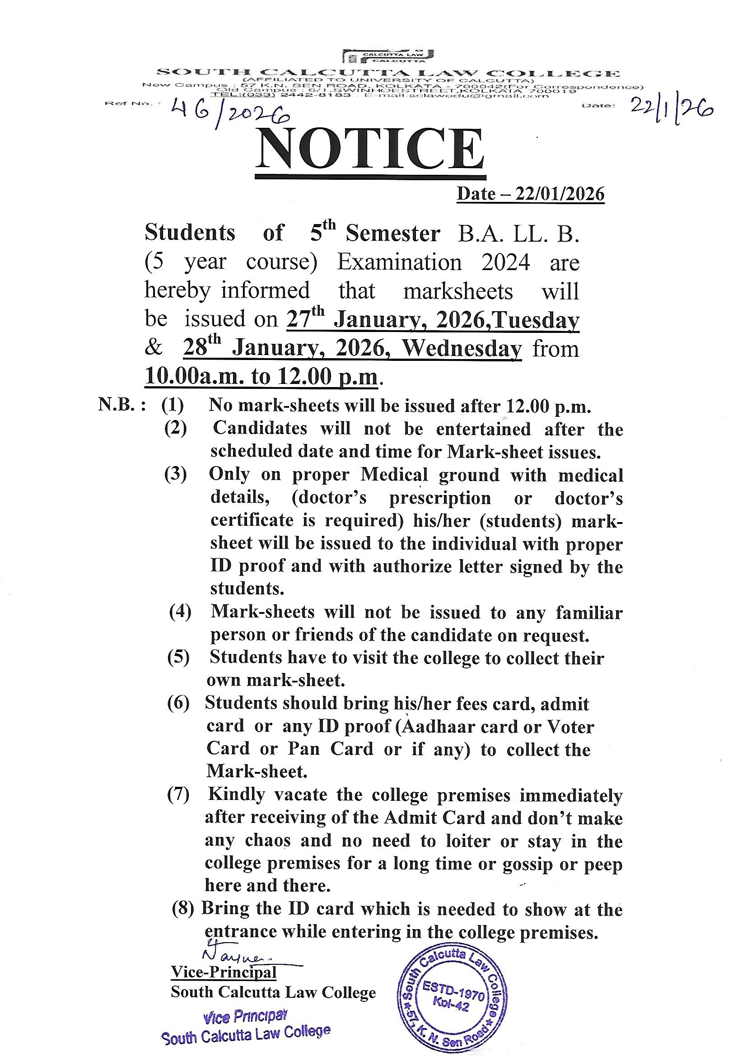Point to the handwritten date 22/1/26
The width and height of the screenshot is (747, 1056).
[x=672, y=109]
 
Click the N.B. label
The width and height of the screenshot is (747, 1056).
[x=122, y=406]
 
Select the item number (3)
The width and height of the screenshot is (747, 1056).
[x=175, y=475]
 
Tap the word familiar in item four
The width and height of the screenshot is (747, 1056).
[x=589, y=613]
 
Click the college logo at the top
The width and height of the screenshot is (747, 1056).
[x=388, y=56]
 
